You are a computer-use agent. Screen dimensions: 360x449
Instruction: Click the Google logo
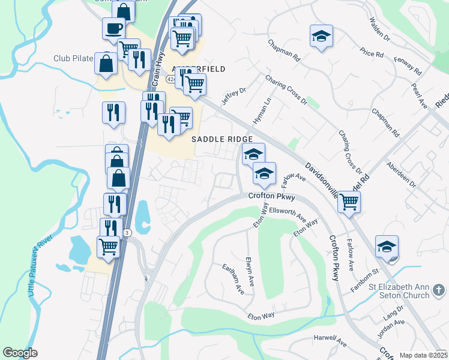pos(20,353)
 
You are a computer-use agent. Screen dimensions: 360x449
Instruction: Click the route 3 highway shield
pos(127,232)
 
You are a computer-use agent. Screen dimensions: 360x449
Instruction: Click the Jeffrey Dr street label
pos(234,96)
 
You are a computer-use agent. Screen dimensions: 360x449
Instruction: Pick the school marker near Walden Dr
pos(321,35)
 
